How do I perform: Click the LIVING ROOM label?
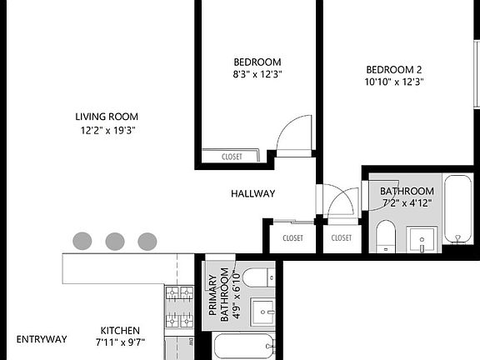(107, 117)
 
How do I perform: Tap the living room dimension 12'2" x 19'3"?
(107, 131)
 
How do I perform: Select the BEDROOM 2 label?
(394, 69)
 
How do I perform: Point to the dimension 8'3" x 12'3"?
(257, 74)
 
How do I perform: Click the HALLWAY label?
(252, 193)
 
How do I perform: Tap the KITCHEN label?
(120, 330)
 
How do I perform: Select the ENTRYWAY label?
(42, 339)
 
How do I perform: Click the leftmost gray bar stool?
(82, 242)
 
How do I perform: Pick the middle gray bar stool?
(115, 242)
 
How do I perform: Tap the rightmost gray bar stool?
(147, 242)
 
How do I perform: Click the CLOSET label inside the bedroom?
(232, 157)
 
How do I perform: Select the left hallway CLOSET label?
(292, 237)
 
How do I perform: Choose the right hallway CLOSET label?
(342, 237)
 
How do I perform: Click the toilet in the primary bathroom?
(258, 276)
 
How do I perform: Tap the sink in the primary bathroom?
(263, 312)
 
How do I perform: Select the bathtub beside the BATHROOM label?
(458, 208)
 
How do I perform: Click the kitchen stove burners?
(178, 306)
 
